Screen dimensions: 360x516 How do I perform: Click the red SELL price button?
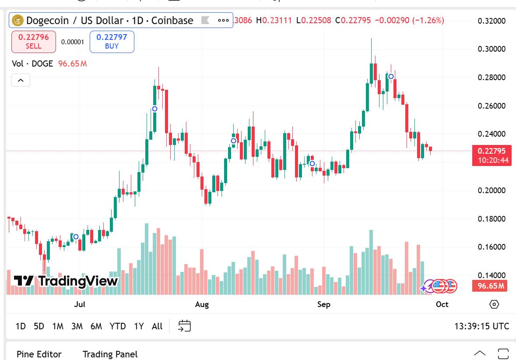(33, 42)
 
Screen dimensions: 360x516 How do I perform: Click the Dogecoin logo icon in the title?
(18, 20)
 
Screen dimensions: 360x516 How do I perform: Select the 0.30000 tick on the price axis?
(491, 49)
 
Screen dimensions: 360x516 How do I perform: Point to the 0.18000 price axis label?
(491, 219)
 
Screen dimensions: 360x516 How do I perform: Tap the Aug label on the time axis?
(202, 304)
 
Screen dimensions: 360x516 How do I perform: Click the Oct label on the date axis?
(442, 304)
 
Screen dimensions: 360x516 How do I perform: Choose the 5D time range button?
(39, 326)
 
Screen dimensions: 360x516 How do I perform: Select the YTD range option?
(118, 326)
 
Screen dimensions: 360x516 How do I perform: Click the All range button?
(157, 326)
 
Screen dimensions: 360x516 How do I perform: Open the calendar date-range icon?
(185, 326)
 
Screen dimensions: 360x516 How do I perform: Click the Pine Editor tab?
(39, 354)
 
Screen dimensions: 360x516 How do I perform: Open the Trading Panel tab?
(110, 354)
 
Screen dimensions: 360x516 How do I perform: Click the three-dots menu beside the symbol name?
(223, 20)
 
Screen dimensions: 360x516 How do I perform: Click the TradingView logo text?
(66, 281)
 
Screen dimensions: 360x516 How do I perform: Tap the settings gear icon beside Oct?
(494, 304)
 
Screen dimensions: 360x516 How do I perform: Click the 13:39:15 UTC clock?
(481, 326)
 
